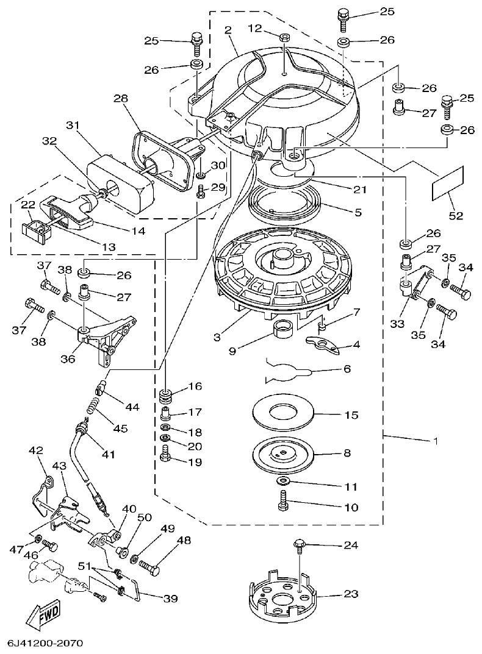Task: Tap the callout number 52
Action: pos(456,215)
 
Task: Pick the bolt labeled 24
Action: pos(300,546)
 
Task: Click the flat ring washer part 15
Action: pos(284,414)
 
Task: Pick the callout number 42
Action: pos(37,450)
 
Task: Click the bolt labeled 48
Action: pos(150,567)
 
